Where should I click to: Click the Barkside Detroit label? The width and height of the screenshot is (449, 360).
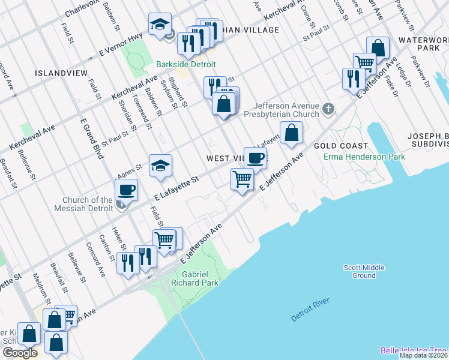click(x=185, y=65)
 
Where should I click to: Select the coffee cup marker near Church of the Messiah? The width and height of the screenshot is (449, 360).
click(x=126, y=190)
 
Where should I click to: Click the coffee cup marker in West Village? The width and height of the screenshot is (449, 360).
click(x=255, y=158)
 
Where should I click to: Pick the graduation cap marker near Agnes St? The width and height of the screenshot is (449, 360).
click(x=160, y=166)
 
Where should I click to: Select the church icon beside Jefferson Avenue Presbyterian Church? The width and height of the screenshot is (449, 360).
click(x=328, y=109)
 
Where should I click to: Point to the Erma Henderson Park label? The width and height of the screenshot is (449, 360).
click(x=364, y=157)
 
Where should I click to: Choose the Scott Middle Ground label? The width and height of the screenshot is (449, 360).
click(x=364, y=272)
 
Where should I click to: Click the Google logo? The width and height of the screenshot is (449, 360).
click(x=19, y=352)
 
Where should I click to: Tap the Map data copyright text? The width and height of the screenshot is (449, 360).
click(x=423, y=355)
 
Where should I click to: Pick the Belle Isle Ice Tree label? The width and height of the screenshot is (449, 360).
click(x=414, y=350)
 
